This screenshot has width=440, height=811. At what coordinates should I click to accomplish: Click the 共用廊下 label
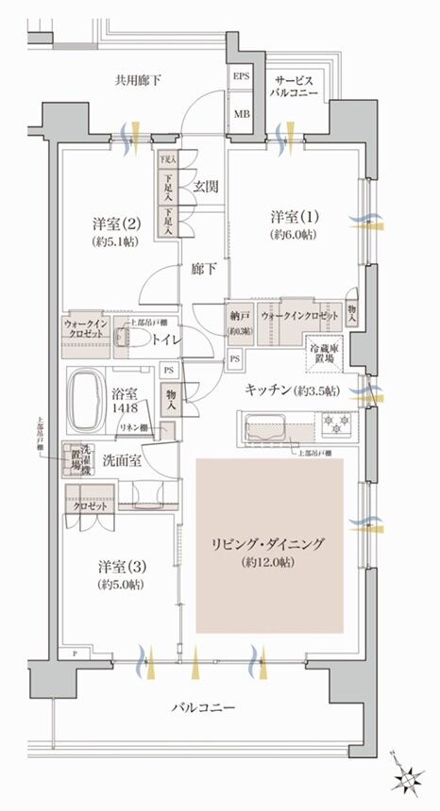pyautogui.click(x=138, y=81)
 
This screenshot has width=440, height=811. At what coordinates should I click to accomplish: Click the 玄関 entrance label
pyautogui.click(x=207, y=187)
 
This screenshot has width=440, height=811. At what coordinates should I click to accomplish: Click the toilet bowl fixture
pyautogui.click(x=132, y=339)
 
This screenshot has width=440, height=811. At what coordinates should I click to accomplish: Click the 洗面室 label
pyautogui.click(x=122, y=461)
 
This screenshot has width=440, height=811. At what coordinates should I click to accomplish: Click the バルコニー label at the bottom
pyautogui.click(x=204, y=708)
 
